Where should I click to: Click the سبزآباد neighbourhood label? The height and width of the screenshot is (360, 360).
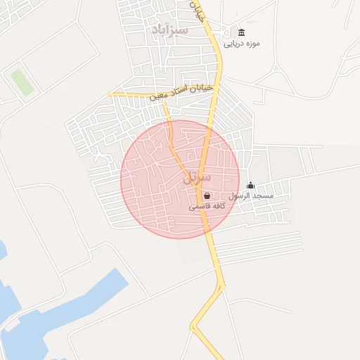(169, 30)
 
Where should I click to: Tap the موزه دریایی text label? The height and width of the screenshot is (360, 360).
(242, 44)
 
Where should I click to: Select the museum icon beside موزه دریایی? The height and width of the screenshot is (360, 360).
(242, 32)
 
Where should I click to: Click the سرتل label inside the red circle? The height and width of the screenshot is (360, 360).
(196, 178)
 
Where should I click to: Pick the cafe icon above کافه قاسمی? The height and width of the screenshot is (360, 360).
(206, 196)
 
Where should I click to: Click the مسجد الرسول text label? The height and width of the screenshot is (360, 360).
(251, 196)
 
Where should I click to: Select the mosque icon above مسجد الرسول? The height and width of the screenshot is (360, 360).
(251, 185)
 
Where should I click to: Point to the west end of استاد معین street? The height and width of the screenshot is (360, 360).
(109, 94)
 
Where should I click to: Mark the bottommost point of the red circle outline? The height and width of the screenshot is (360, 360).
(180, 238)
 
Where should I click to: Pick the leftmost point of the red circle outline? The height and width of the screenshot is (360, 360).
(121, 179)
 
